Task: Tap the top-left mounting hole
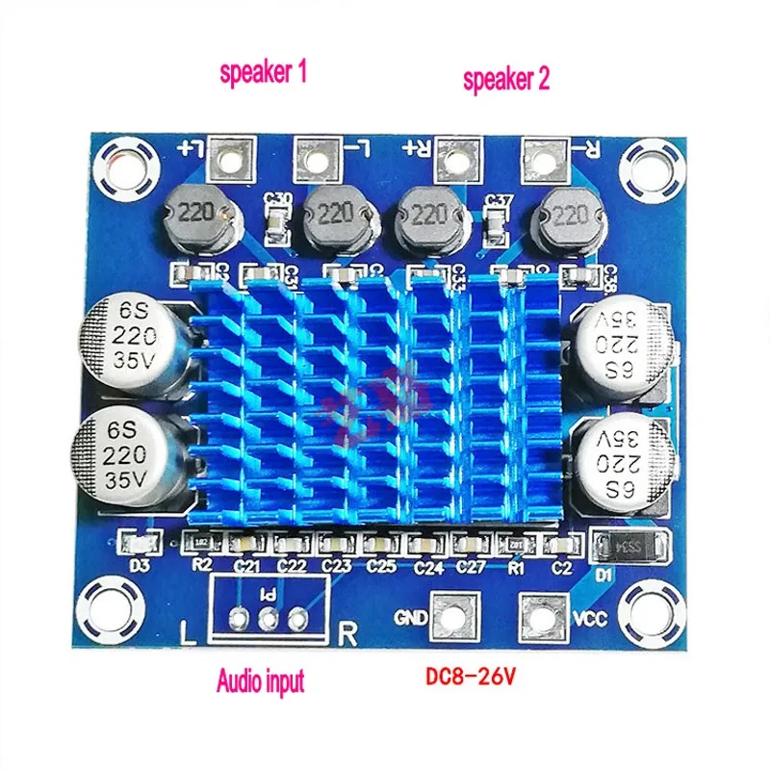[x=125, y=159]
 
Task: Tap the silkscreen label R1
[x=516, y=567]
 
